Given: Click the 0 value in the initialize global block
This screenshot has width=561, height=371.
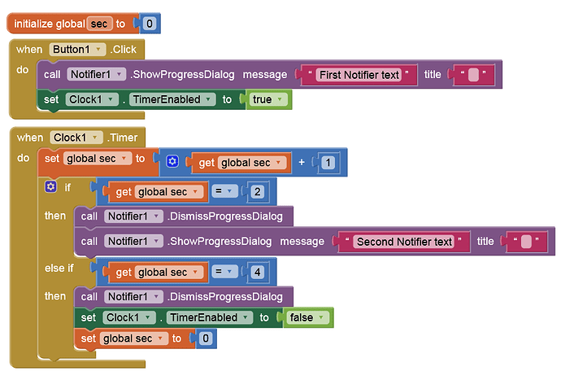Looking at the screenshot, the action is coord(150,24).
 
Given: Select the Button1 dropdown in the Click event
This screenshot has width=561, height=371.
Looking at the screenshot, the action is coord(77,50).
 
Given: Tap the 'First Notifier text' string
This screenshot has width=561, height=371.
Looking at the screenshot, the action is coord(359,75).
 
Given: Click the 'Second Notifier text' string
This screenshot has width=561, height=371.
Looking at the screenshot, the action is coord(404,242).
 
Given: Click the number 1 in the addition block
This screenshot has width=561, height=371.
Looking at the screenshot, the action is coord(328,163).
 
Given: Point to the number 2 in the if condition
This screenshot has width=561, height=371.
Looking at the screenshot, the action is coord(257,191).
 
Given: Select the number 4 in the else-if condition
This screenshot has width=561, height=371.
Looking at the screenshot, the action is coord(257,273).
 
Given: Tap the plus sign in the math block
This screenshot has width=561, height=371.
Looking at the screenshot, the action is coord(302,162).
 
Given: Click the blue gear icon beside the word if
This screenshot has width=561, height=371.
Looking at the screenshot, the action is coord(50,186).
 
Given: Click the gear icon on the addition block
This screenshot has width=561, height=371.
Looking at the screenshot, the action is coord(172,162).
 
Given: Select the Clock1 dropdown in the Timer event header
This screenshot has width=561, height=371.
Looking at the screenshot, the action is coord(76,137).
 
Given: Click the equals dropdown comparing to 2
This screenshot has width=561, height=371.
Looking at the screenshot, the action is coord(224,191).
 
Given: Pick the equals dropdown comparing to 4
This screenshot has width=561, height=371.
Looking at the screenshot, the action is coord(224,272).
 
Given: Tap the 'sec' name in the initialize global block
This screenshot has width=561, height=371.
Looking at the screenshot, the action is coord(99,24).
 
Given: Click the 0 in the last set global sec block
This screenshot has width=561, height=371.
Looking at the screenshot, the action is coord(206,338).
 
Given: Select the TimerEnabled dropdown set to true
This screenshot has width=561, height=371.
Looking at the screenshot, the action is coord(172,99).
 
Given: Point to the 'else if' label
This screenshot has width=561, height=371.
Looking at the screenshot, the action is coord(59,268).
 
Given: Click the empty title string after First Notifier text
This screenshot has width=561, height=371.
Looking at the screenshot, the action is coord(473,75).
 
